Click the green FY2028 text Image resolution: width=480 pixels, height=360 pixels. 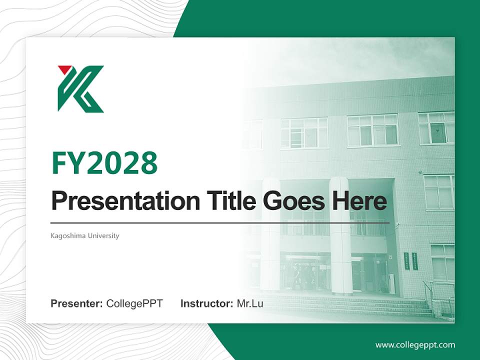(104, 162)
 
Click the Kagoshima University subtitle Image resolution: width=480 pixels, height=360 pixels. (85, 235)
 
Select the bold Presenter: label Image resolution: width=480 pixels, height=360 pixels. (77, 303)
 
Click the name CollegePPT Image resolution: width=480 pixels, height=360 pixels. (134, 303)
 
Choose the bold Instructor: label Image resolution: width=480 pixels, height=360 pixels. (206, 303)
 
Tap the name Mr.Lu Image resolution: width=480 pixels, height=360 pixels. (250, 303)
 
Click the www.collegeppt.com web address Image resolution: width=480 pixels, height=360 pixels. (415, 344)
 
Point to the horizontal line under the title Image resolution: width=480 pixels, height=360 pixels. (220, 222)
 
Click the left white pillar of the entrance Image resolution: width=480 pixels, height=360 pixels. (270, 235)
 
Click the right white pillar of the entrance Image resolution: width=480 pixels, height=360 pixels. (341, 235)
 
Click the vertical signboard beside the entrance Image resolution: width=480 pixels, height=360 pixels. (406, 260)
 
